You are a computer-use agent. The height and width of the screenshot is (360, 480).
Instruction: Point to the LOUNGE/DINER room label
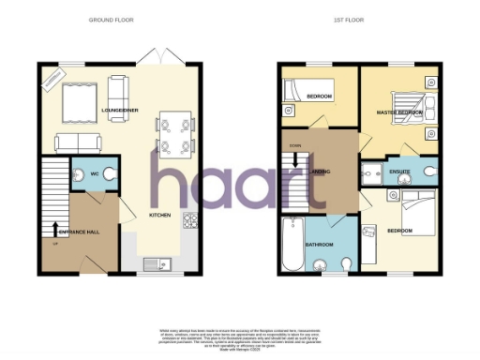point(119,111)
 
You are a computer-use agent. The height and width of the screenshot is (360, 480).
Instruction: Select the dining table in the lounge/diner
point(174,132)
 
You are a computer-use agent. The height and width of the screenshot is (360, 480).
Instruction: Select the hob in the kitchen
point(190,221)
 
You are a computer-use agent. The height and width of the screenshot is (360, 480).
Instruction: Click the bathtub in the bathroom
point(292,235)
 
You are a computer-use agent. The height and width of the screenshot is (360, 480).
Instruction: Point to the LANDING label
point(320,172)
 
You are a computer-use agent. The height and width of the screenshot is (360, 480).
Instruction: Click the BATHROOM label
point(320,246)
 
